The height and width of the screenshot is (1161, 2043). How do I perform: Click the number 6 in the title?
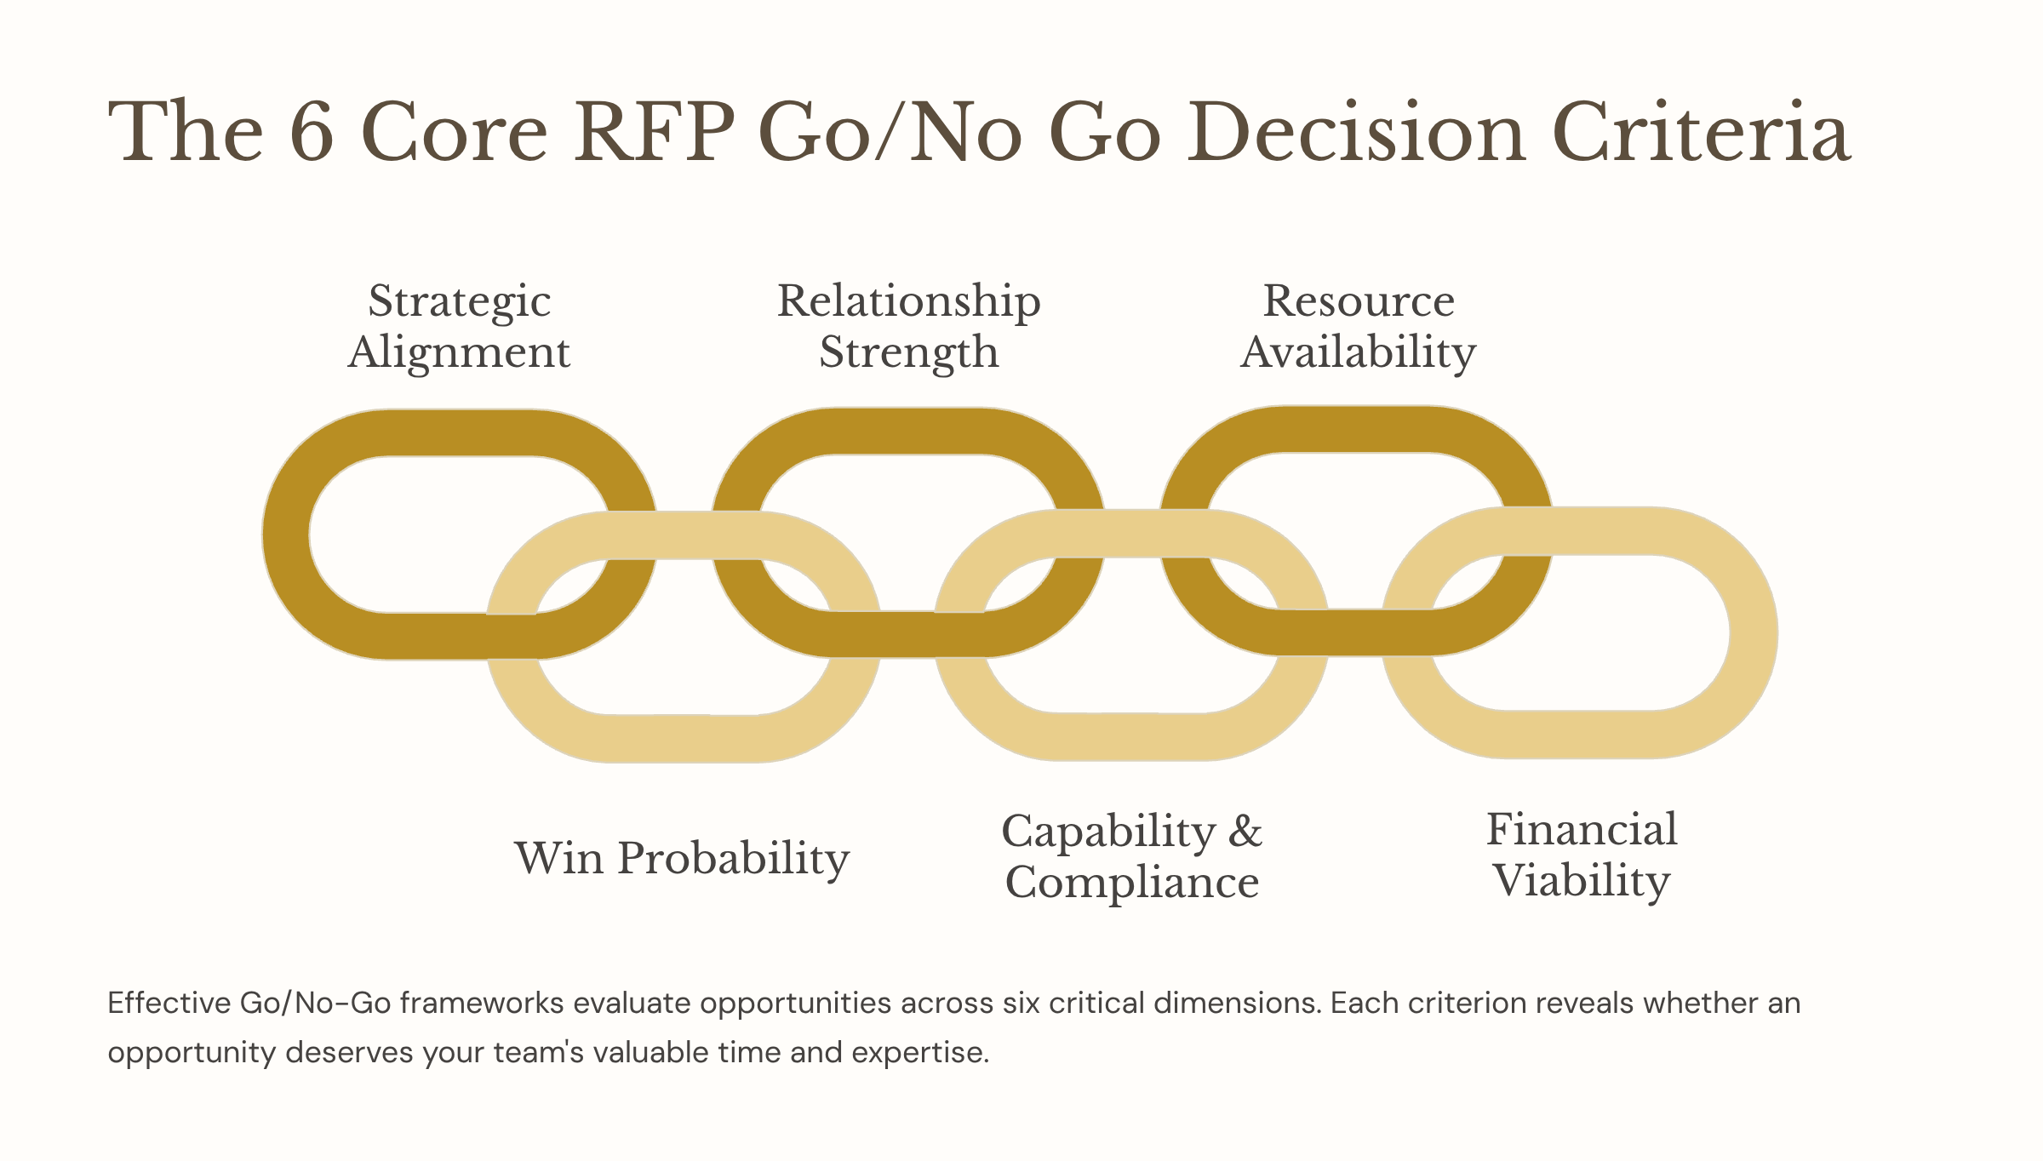coord(312,133)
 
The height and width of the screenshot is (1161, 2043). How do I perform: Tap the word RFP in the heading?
coord(653,133)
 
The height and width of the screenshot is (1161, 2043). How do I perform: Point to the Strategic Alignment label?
coord(459,326)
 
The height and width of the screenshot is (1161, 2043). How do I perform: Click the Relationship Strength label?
coord(908,326)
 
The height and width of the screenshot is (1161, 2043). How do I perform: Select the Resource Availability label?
coord(1358,326)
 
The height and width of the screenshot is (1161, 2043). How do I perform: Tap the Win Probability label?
coord(682,858)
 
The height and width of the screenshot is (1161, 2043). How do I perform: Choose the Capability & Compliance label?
coord(1131,856)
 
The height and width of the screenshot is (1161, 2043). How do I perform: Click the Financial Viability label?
coord(1582,855)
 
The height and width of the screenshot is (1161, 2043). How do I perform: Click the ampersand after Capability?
coord(1245,831)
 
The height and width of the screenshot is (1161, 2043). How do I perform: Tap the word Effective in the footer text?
coord(169,1003)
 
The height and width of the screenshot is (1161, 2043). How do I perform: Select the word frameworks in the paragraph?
coord(482,1003)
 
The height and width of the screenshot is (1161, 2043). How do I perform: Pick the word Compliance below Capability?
coord(1131,882)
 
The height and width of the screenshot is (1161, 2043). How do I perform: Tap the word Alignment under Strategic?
coord(459,352)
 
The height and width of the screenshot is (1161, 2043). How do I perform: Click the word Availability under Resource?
coord(1358,352)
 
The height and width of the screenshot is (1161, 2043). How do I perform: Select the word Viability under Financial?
coord(1582,881)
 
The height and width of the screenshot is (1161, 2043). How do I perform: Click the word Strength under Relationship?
coord(908,352)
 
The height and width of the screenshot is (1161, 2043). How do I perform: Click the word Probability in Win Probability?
coord(733,858)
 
